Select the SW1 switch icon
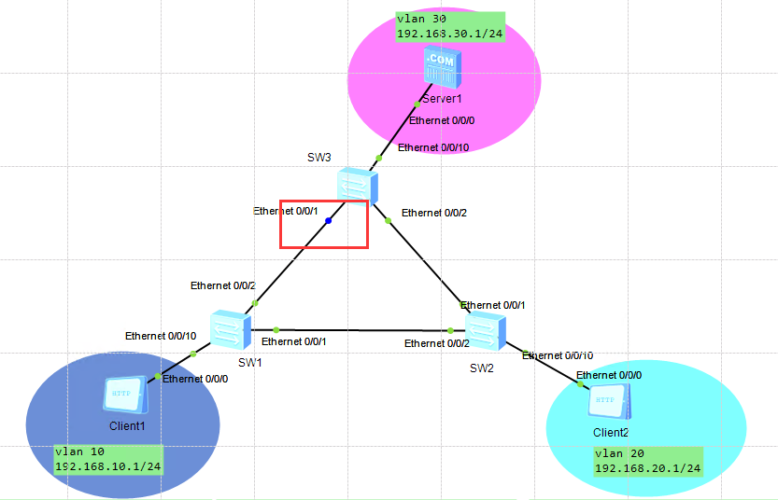(229, 328)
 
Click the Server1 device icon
(441, 67)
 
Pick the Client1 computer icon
(124, 395)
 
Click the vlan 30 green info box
(449, 26)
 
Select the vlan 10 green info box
(108, 459)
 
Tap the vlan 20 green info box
(647, 461)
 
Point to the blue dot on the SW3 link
(329, 221)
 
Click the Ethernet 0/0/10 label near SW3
(433, 147)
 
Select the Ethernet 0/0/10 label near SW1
(161, 336)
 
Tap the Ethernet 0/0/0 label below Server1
(443, 120)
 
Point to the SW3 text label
(319, 157)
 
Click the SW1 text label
(249, 362)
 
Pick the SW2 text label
(482, 368)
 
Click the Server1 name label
(441, 98)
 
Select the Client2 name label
(611, 432)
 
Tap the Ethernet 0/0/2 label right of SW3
(434, 213)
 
